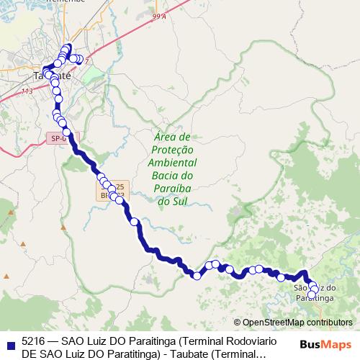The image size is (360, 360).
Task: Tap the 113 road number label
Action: tap(27, 91)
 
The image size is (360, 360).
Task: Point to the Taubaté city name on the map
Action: tap(52, 75)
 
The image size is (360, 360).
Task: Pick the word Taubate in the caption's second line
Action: tap(184, 354)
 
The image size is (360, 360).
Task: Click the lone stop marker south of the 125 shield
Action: tap(134, 222)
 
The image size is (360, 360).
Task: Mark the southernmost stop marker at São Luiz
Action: tap(312, 294)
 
